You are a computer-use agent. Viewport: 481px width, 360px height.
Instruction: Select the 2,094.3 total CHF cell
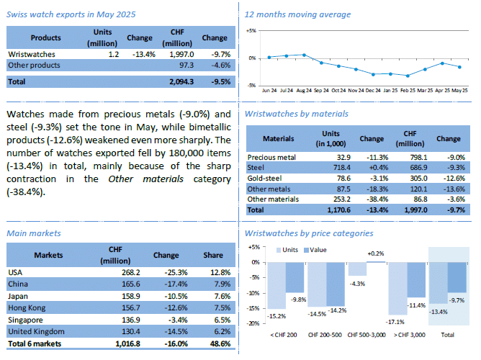(x=179, y=81)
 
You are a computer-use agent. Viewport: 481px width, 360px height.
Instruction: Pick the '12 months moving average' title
(x=297, y=14)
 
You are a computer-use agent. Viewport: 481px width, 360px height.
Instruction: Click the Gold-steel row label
(x=264, y=177)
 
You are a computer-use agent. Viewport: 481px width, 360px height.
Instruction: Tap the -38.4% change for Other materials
(x=372, y=198)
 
